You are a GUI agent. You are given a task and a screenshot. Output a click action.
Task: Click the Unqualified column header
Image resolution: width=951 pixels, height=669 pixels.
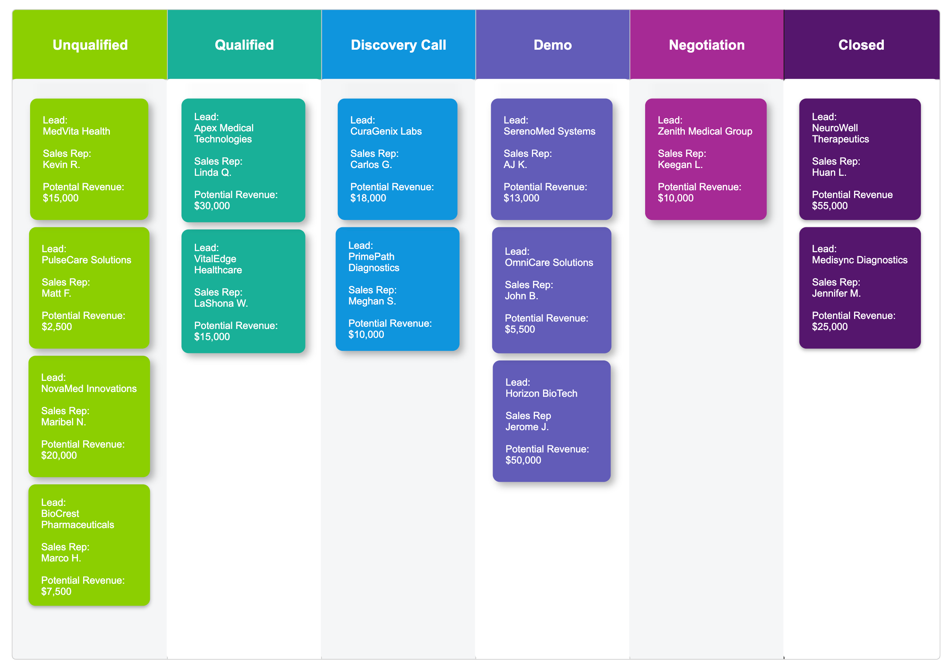pos(90,45)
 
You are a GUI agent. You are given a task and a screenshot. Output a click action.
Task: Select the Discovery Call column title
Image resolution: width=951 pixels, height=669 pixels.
pos(398,45)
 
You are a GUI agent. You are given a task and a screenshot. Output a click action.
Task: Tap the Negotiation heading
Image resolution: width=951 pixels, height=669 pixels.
pos(706,45)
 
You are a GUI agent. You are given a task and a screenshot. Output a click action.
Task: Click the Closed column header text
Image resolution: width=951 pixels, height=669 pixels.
pos(861,45)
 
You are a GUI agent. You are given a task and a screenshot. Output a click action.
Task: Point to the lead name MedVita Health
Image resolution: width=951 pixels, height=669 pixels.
pos(76,131)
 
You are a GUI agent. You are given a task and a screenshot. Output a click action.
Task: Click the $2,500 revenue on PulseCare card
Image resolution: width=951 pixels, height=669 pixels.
pos(57,326)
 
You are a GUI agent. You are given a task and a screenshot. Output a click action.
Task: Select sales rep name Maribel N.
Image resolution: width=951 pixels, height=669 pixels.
pos(63,422)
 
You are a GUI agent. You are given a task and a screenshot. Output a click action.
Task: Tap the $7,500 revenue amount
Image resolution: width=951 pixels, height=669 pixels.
pos(56,591)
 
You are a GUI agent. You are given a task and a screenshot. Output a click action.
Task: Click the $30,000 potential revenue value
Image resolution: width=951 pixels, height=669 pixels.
pos(212,205)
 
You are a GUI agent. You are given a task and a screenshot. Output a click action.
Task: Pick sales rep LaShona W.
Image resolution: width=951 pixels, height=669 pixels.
pos(221,303)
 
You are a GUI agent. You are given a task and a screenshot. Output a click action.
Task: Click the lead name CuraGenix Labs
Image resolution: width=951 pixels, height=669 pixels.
pos(386,131)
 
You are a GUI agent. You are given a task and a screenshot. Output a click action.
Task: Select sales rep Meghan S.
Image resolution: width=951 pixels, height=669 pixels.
pos(372,301)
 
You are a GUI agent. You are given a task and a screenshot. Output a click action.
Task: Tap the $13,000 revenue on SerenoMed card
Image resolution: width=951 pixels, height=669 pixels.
pos(521,198)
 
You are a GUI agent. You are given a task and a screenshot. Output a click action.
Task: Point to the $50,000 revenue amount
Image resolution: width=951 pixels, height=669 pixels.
pos(523,460)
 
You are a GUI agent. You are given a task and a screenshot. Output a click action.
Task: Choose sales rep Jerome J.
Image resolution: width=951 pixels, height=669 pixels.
pos(527,426)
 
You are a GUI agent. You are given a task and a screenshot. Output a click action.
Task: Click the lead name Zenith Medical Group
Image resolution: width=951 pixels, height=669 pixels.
pos(705,131)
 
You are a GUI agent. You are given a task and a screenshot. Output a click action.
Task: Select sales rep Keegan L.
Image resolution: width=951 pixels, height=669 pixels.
pos(680,165)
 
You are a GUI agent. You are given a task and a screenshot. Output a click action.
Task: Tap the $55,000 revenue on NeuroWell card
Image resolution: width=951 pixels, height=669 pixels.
pos(829,205)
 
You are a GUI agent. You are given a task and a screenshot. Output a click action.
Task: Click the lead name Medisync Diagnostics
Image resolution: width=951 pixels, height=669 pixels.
pos(859,260)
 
